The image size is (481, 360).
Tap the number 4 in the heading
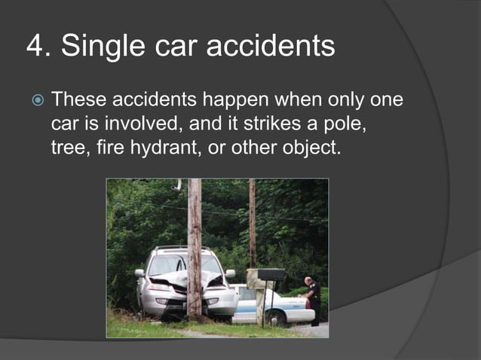[x=35, y=46]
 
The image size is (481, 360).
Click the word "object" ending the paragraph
[x=311, y=148]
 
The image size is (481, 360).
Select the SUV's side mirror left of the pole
[x=139, y=273]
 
